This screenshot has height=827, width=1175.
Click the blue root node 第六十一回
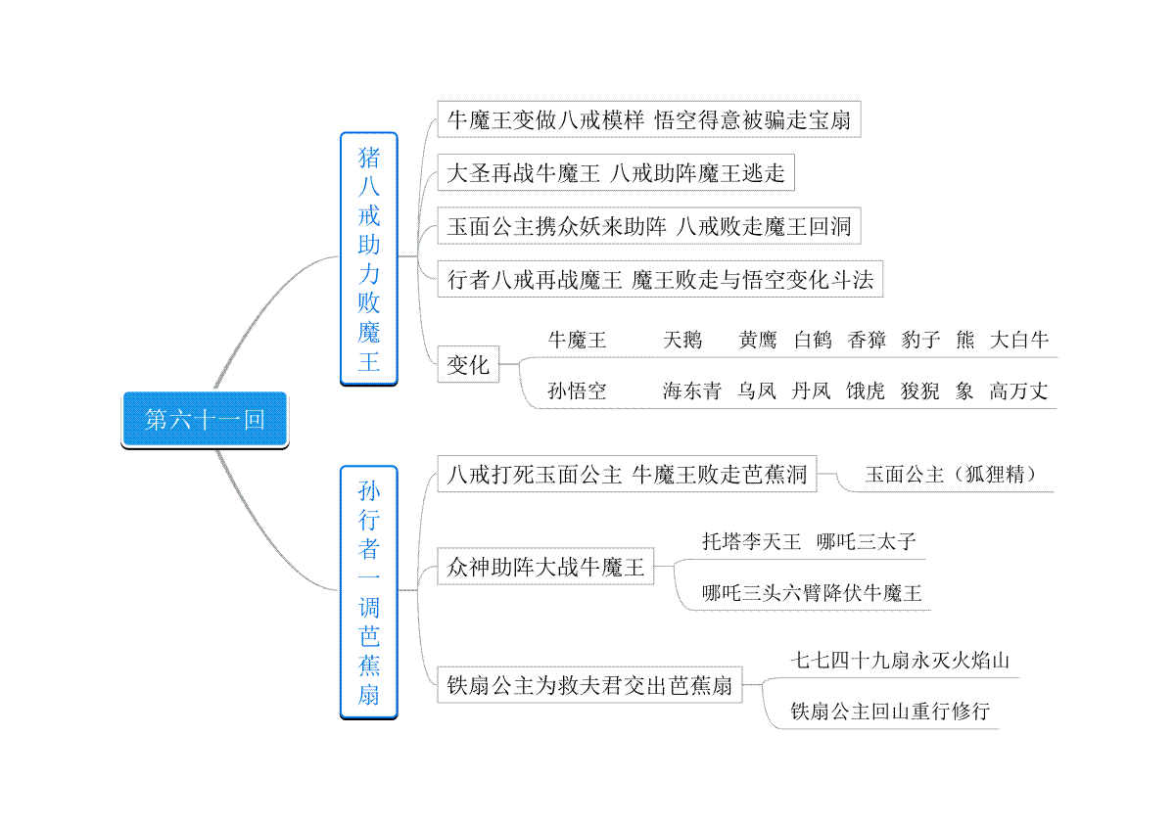[x=205, y=420]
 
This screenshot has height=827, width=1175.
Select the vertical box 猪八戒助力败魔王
[x=369, y=258]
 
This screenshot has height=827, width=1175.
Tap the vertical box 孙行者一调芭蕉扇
[x=369, y=592]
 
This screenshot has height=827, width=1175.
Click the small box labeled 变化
[x=468, y=364]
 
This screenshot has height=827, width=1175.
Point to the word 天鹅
[x=681, y=340]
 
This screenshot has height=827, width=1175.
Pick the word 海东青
[x=691, y=391]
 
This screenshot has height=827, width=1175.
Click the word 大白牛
[x=1019, y=340]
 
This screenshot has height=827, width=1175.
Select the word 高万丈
[x=1018, y=391]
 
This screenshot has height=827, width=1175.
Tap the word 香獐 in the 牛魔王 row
[x=867, y=340]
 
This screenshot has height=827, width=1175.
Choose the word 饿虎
[x=865, y=391]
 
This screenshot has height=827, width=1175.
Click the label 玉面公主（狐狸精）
[x=951, y=474]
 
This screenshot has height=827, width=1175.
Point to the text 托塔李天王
[x=752, y=541]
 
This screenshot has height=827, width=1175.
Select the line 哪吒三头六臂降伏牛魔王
[x=812, y=592]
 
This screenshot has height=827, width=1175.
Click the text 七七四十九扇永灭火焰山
[x=900, y=661]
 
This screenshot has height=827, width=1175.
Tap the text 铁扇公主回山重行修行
[x=890, y=712]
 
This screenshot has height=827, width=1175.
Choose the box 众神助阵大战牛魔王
[x=545, y=567]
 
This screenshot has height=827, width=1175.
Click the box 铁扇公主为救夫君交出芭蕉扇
[x=589, y=685]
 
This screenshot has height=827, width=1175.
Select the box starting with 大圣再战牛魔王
[x=616, y=172]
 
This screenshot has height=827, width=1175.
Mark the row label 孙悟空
[x=577, y=391]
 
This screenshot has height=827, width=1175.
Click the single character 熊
[x=965, y=340]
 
